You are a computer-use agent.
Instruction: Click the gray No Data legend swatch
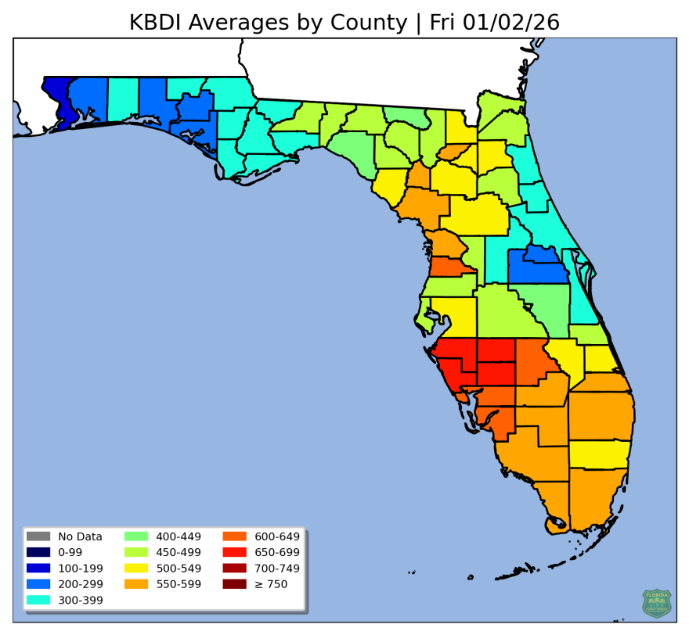click(38, 536)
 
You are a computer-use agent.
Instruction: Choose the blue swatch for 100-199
click(38, 569)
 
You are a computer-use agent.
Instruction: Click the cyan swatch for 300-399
click(38, 600)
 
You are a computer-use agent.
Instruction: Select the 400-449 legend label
click(179, 536)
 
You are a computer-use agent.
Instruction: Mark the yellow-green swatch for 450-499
click(136, 552)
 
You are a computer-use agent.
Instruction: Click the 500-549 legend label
click(179, 569)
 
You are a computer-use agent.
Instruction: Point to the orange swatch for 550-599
click(136, 584)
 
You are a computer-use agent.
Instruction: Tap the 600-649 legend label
click(277, 536)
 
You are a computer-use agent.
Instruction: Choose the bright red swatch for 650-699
click(235, 552)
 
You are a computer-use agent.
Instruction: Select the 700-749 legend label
click(277, 569)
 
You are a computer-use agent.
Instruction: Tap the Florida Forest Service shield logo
click(656, 603)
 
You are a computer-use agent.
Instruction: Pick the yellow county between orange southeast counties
click(599, 454)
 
